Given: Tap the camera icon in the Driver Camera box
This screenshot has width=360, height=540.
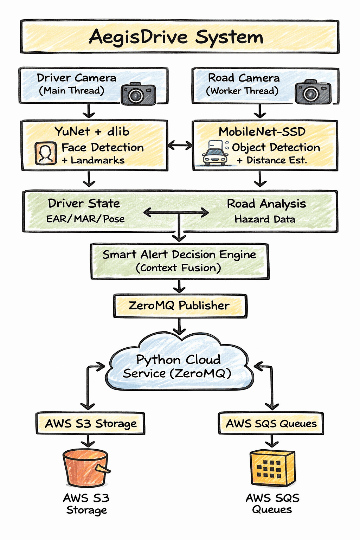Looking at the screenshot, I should point(138,94).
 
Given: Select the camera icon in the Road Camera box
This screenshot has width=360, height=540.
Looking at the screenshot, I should point(313,92).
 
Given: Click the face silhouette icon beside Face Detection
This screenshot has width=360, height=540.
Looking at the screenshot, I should point(46,153).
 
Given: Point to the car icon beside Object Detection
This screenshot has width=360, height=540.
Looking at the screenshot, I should point(215,154).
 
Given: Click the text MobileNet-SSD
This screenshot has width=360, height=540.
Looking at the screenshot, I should point(262,131).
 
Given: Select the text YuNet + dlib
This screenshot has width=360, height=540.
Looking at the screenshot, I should point(92,131).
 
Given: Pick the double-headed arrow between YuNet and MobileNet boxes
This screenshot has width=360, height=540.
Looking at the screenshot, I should point(180,145).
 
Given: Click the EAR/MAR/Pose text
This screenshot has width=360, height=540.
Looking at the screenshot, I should point(85,219).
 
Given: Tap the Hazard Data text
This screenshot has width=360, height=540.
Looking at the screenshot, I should point(265,219).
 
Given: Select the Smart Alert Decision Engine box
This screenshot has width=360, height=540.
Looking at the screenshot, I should point(179,261).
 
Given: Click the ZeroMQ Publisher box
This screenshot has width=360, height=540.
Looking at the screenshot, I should point(179,306).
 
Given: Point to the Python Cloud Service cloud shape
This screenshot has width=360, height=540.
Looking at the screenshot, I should point(179,366).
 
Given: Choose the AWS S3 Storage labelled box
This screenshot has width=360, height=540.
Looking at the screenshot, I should point(91,423).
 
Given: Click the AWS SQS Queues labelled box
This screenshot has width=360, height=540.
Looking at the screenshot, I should point(271,423).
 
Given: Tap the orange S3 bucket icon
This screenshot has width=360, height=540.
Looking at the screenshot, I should point(86,468).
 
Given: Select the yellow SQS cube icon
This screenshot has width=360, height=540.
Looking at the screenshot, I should point(272,468).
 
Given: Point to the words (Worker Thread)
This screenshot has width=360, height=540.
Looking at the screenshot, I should point(242,91).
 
